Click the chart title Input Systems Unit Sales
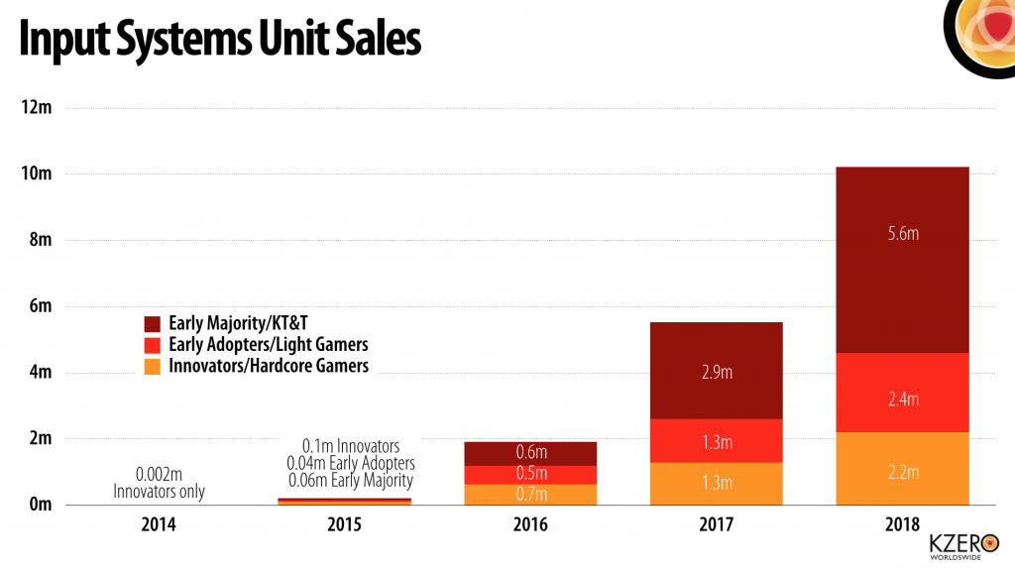pyautogui.click(x=220, y=41)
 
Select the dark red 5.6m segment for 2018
pyautogui.click(x=902, y=260)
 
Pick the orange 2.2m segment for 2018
pyautogui.click(x=902, y=469)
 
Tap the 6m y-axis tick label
pyautogui.click(x=40, y=306)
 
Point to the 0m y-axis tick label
pyautogui.click(x=40, y=506)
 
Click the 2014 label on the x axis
pyautogui.click(x=159, y=523)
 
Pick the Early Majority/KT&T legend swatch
pyautogui.click(x=153, y=323)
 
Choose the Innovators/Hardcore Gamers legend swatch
pyautogui.click(x=153, y=366)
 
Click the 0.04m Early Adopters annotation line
pyautogui.click(x=350, y=463)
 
